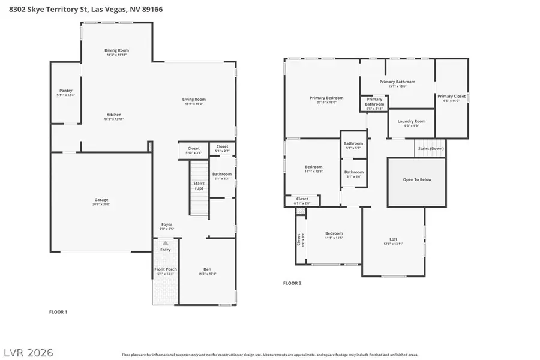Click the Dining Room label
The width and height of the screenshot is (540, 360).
click(117, 50)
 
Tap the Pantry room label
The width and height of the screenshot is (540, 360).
click(65, 91)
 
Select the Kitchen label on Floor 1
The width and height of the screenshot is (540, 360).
click(114, 115)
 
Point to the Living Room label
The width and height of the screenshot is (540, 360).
click(194, 99)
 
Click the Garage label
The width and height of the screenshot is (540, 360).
click(101, 200)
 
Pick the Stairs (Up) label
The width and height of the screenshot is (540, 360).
click(199, 185)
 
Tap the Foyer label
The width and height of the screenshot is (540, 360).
click(166, 224)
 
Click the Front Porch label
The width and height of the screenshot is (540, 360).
click(166, 269)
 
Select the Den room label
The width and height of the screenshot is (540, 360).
click(207, 269)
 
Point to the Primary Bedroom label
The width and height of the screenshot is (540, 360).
click(326, 98)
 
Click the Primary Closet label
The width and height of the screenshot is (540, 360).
click(451, 96)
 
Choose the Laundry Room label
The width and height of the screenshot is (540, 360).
click(411, 121)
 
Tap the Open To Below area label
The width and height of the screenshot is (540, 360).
click(416, 179)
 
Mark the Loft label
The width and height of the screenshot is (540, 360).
click(394, 239)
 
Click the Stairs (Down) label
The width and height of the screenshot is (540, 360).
click(430, 148)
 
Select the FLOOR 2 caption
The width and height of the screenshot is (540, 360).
click(292, 283)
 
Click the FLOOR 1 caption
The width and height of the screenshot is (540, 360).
click(58, 312)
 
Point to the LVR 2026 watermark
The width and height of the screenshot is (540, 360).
click(28, 352)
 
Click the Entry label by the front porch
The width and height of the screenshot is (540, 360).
click(166, 250)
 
